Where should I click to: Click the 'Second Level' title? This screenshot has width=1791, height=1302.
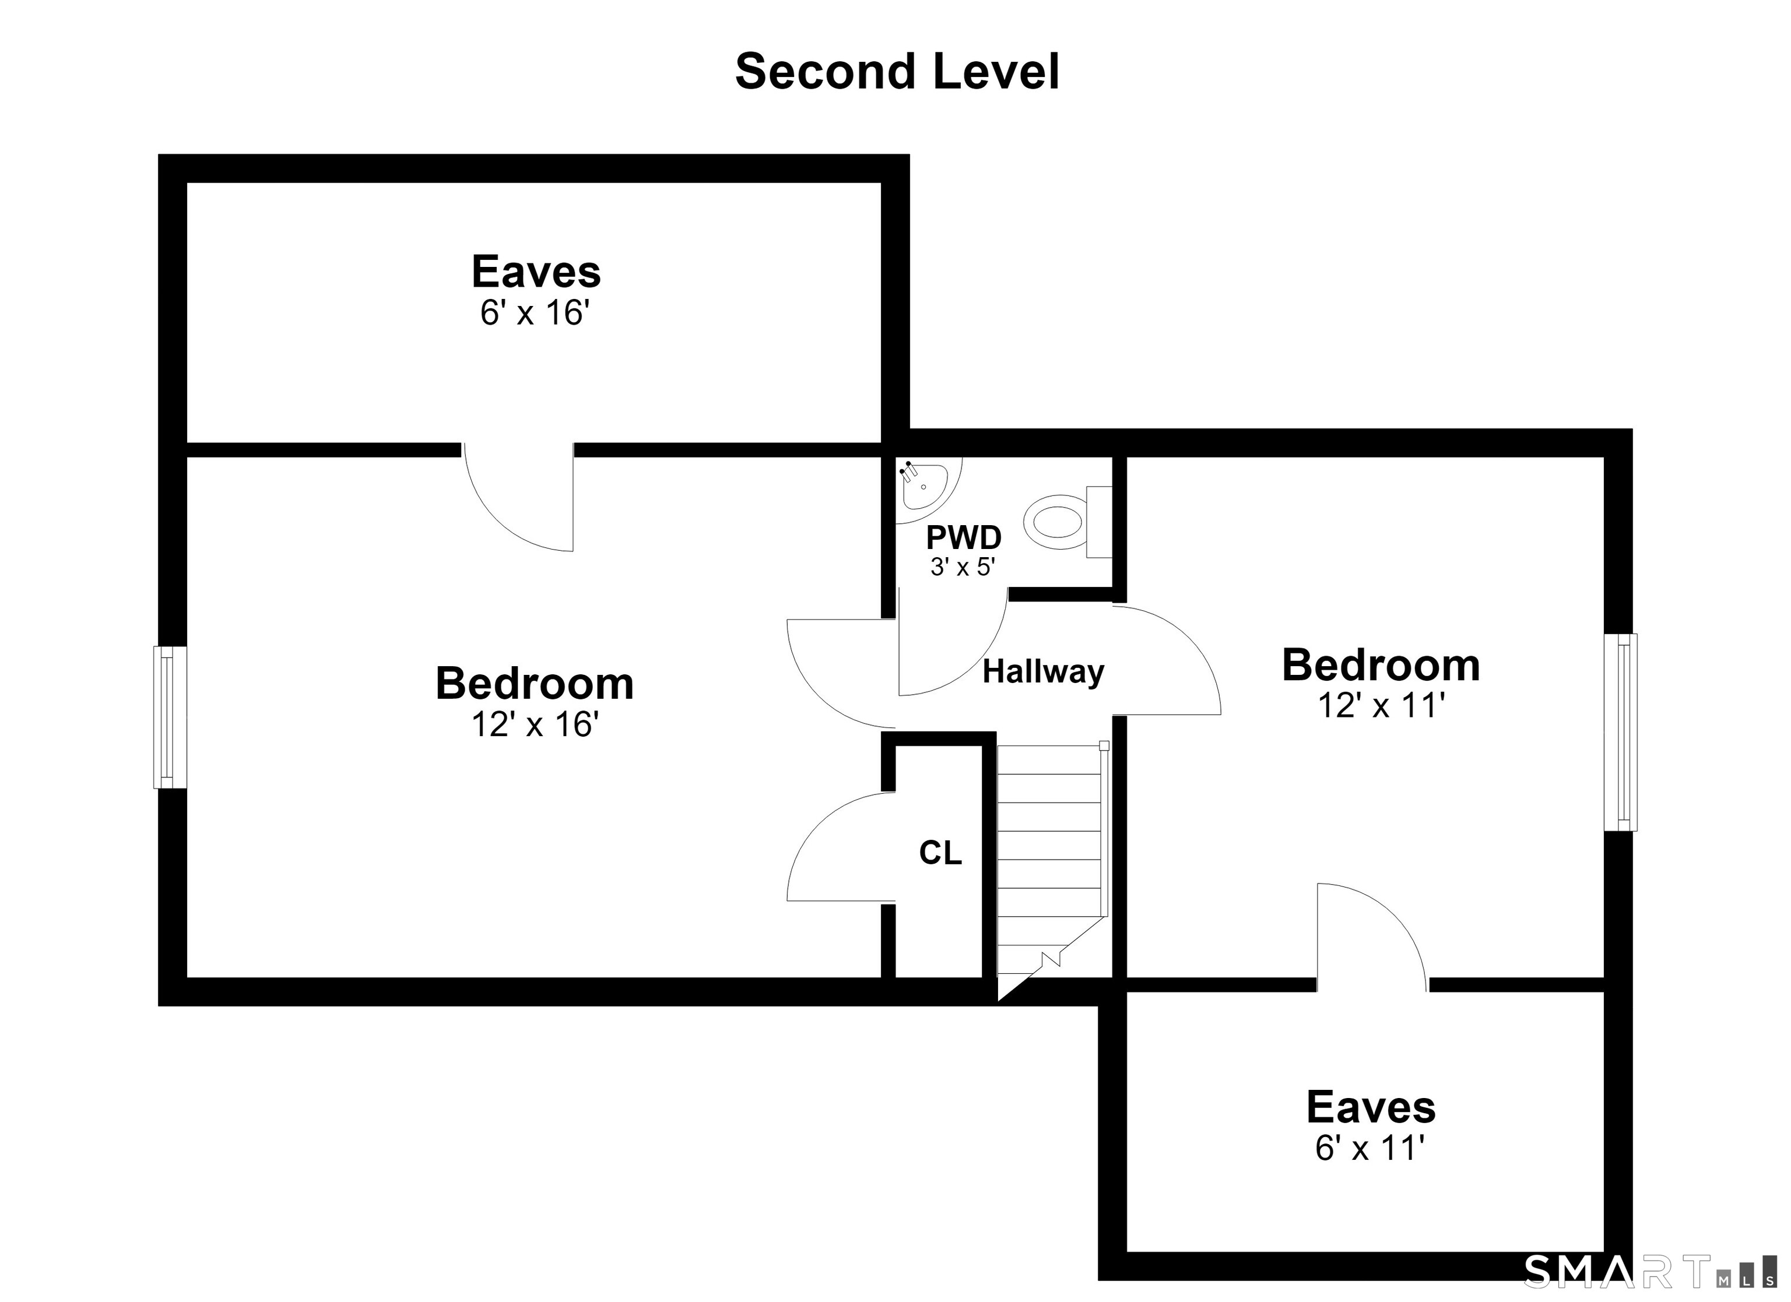point(897,72)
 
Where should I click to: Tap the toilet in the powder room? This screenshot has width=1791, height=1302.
point(1067,522)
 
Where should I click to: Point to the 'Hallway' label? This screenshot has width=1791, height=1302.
point(1043,672)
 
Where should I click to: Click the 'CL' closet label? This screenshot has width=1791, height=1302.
point(940,853)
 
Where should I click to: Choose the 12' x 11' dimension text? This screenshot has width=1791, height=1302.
point(1381,705)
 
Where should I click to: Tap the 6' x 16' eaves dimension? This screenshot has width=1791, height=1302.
point(535,314)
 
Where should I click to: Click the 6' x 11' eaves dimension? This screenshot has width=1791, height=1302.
point(1370,1148)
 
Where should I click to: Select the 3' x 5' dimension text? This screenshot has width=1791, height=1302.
point(963,567)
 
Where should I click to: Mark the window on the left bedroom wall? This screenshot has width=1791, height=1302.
point(170,717)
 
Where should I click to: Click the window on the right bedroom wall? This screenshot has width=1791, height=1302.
point(1620,732)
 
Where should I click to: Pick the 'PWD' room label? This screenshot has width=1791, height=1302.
point(963,538)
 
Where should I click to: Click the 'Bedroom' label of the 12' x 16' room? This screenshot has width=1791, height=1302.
point(535,684)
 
